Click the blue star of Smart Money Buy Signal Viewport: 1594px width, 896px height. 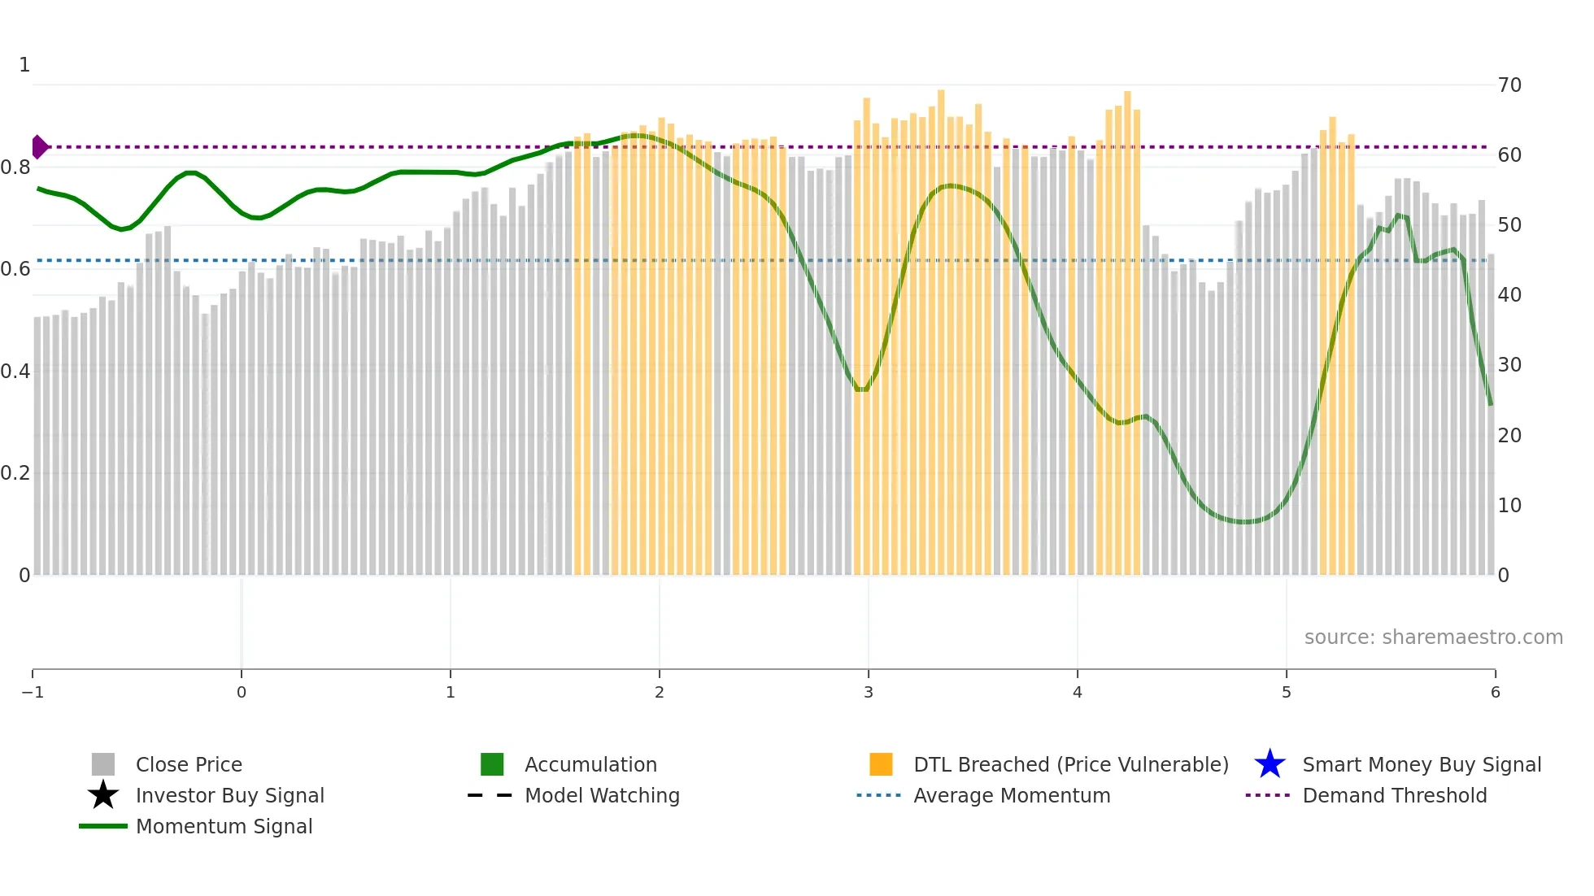pos(1270,764)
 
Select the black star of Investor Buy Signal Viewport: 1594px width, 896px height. pos(103,795)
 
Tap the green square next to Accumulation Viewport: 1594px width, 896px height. pos(492,764)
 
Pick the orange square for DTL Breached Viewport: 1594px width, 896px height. pos(881,764)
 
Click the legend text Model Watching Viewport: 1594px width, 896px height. pos(602,795)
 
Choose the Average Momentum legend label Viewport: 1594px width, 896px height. pos(1012,795)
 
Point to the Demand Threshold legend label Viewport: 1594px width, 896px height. pos(1394,795)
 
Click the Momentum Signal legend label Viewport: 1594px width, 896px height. pos(224,826)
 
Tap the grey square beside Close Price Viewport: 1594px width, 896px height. pos(103,764)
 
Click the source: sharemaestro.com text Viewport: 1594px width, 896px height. pos(1433,637)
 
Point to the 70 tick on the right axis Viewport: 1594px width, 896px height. pos(1509,85)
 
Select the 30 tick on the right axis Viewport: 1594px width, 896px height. pos(1509,365)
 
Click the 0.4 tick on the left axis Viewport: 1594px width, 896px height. pos(15,372)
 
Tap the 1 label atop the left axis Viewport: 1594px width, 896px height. pos(24,65)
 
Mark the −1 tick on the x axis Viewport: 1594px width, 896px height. pos(33,692)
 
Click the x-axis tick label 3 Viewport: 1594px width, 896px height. pos(869,692)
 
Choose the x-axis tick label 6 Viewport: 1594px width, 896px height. pos(1495,692)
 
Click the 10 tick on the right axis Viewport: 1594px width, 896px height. pos(1509,506)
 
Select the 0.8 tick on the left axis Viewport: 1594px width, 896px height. pos(15,167)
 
